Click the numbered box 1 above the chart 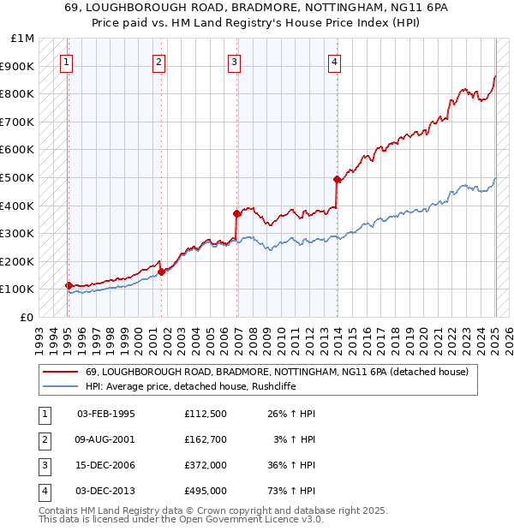click(x=67, y=61)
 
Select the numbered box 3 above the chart click(x=234, y=61)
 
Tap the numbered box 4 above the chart click(x=334, y=61)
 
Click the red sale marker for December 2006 click(x=236, y=213)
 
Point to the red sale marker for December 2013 click(x=338, y=179)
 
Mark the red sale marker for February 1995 click(x=69, y=285)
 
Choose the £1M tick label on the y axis click(x=23, y=39)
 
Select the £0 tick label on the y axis click(x=27, y=317)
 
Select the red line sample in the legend click(x=60, y=373)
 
